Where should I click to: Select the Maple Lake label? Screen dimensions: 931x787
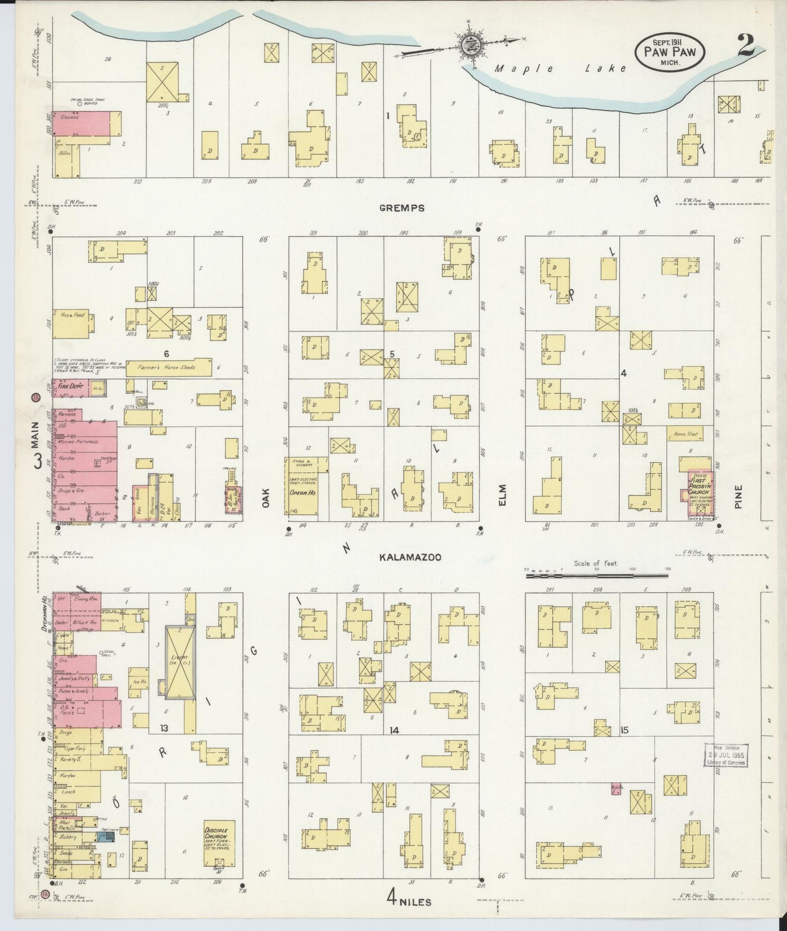(x=561, y=69)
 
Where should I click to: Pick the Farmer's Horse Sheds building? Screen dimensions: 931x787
(x=169, y=367)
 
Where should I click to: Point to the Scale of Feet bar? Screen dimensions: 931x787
(x=596, y=575)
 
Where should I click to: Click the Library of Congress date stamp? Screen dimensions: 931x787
(x=725, y=755)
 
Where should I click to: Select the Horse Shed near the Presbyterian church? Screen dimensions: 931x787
(x=685, y=434)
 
